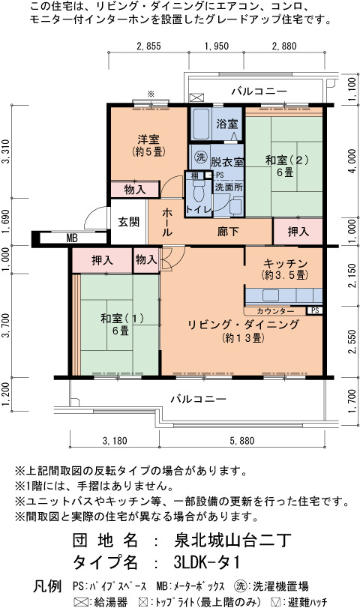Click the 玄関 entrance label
[x=128, y=222]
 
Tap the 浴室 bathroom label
[x=227, y=124]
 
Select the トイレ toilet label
[x=199, y=210]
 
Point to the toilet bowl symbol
[x=199, y=193]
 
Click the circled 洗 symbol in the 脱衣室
[x=200, y=157]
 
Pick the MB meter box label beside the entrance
[x=72, y=238]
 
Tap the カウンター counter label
[x=275, y=311]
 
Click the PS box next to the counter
[x=315, y=310]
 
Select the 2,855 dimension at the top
[x=148, y=46]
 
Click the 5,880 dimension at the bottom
[x=242, y=441]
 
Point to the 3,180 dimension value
[x=115, y=441]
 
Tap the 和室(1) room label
[x=122, y=319]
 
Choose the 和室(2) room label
[x=287, y=160]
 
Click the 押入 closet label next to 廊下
[x=298, y=232]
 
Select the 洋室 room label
[x=148, y=139]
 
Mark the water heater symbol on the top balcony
[x=196, y=97]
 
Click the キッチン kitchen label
[x=285, y=264]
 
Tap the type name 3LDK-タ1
[x=207, y=562]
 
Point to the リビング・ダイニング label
[x=243, y=325]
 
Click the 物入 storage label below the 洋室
[x=135, y=190]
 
